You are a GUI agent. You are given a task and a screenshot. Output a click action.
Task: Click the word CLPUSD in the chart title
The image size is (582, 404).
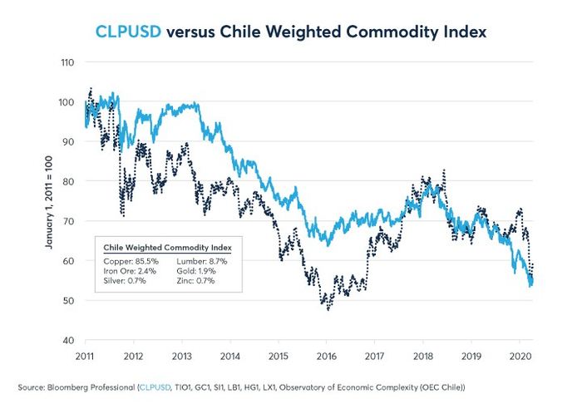click(128, 32)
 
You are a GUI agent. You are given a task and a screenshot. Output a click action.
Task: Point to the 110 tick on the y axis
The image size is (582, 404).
click(67, 62)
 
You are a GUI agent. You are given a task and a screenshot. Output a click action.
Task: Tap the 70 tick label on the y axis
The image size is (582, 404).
click(68, 221)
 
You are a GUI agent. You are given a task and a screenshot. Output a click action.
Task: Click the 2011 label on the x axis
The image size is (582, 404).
click(85, 356)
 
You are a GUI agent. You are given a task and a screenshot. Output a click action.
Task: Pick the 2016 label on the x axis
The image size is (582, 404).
click(325, 356)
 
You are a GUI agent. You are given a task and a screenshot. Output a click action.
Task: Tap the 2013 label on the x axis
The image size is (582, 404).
click(181, 356)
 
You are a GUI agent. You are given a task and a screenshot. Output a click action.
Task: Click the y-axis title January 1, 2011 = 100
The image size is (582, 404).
click(47, 201)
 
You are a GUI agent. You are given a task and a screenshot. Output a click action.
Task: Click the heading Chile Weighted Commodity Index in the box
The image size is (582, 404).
click(166, 248)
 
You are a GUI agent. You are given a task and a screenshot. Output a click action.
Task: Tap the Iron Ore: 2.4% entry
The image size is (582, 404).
click(129, 271)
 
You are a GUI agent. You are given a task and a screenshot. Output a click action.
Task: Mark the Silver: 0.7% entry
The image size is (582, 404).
click(125, 282)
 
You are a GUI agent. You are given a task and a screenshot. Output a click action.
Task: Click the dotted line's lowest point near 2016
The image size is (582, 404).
click(328, 310)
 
